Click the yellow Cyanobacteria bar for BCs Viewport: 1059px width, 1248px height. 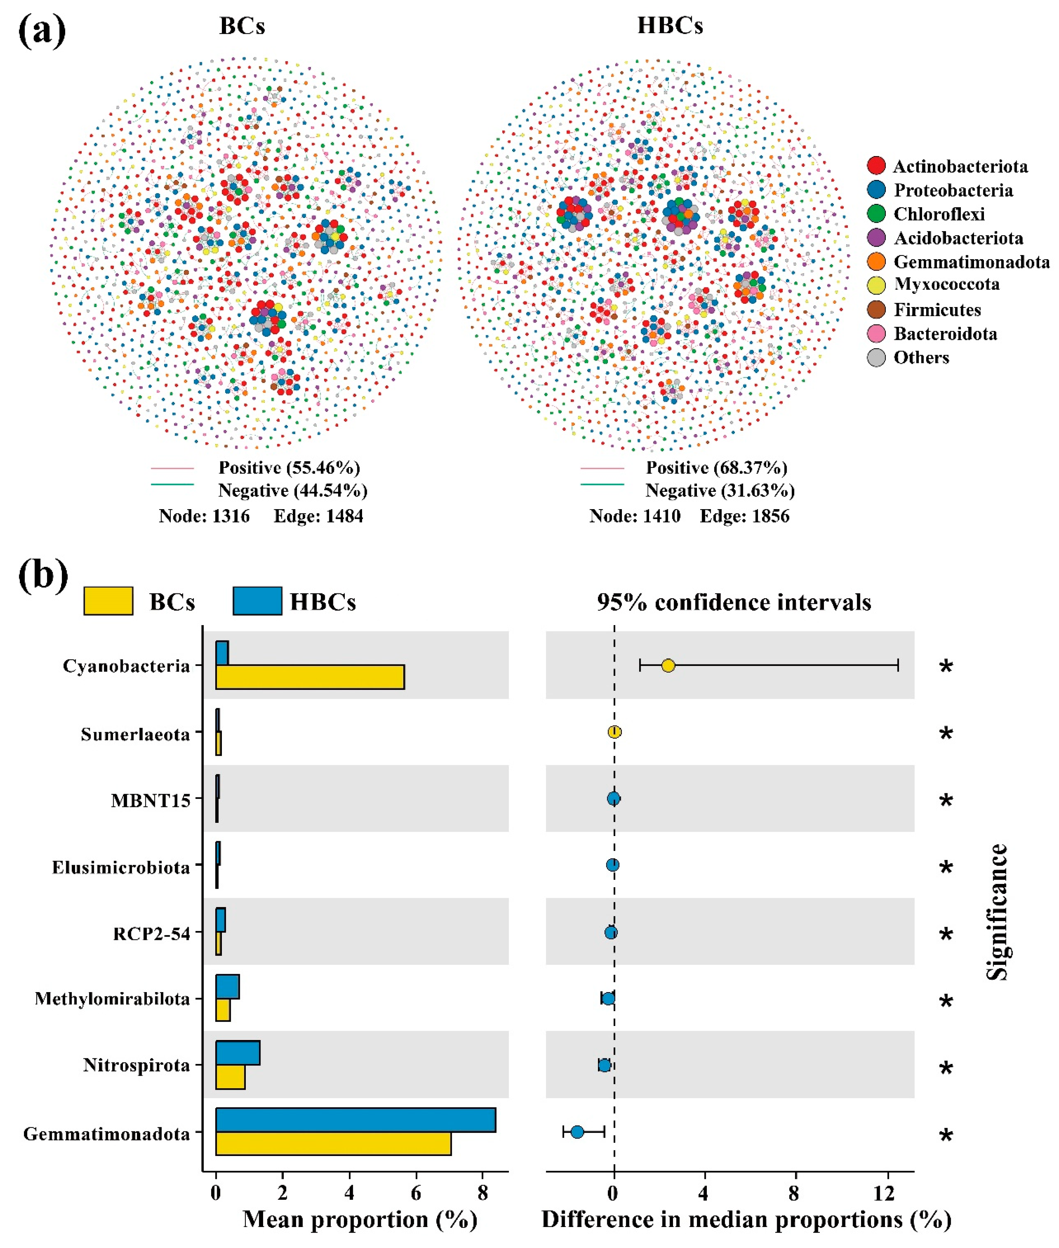click(x=310, y=677)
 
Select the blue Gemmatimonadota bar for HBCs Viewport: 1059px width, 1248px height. click(x=355, y=1120)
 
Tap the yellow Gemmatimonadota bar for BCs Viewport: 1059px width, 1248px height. click(x=333, y=1143)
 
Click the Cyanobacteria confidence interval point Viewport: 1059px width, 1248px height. click(x=668, y=666)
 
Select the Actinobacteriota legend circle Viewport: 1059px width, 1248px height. click(x=876, y=166)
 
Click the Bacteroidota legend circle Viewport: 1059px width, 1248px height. click(x=876, y=333)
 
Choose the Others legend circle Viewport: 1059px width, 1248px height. click(x=876, y=357)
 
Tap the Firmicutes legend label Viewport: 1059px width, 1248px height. click(x=937, y=310)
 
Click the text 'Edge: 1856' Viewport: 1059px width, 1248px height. click(x=744, y=516)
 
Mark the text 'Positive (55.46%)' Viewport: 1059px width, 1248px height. click(x=289, y=467)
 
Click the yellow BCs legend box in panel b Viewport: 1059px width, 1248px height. click(x=108, y=601)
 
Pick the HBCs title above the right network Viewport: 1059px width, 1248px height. click(x=670, y=26)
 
